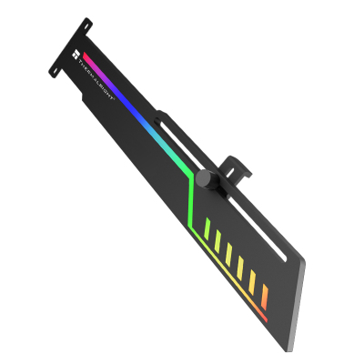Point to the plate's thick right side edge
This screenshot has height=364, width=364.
pyautogui.click(x=299, y=300)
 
